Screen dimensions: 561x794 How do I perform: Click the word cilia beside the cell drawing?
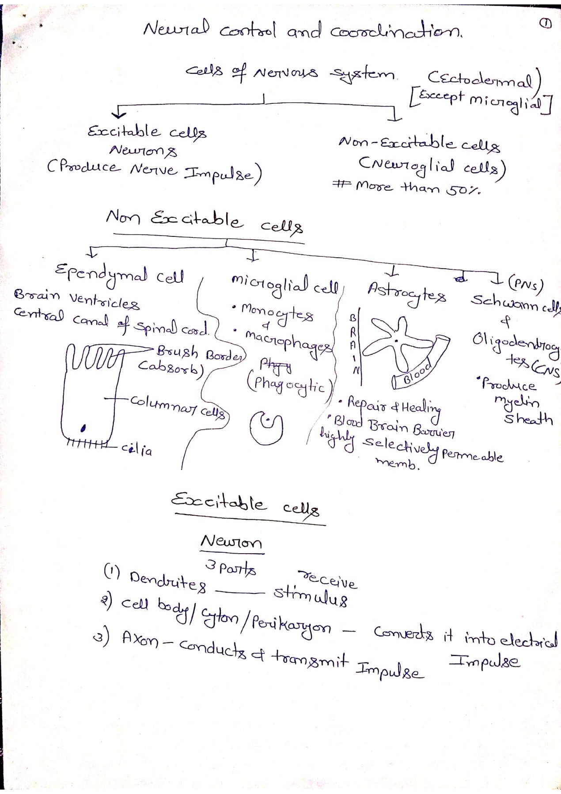coord(137,450)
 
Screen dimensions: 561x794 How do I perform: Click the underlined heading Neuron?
coord(231,542)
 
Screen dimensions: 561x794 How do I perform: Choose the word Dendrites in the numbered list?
coord(168,582)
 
